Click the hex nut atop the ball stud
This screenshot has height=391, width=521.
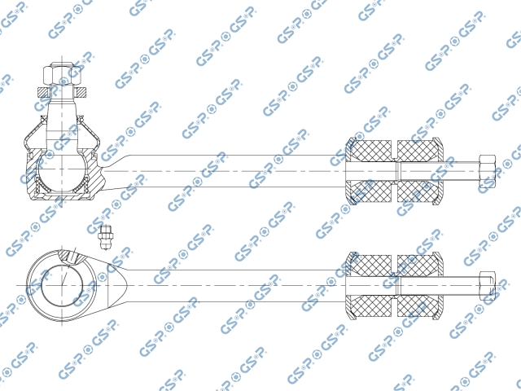point(62,75)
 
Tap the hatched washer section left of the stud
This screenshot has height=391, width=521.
point(43,93)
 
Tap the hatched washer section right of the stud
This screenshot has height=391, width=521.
point(81,93)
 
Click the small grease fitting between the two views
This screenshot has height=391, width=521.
point(106,236)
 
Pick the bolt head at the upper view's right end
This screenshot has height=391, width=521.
point(487,171)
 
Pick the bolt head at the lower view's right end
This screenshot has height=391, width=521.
point(487,286)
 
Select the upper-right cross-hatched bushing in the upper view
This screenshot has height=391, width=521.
point(419,151)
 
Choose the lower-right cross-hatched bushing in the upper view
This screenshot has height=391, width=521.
point(419,192)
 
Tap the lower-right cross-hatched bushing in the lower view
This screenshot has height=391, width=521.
point(419,306)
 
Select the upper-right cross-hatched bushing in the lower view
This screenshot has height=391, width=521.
point(419,265)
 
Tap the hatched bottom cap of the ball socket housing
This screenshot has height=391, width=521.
point(62,197)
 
